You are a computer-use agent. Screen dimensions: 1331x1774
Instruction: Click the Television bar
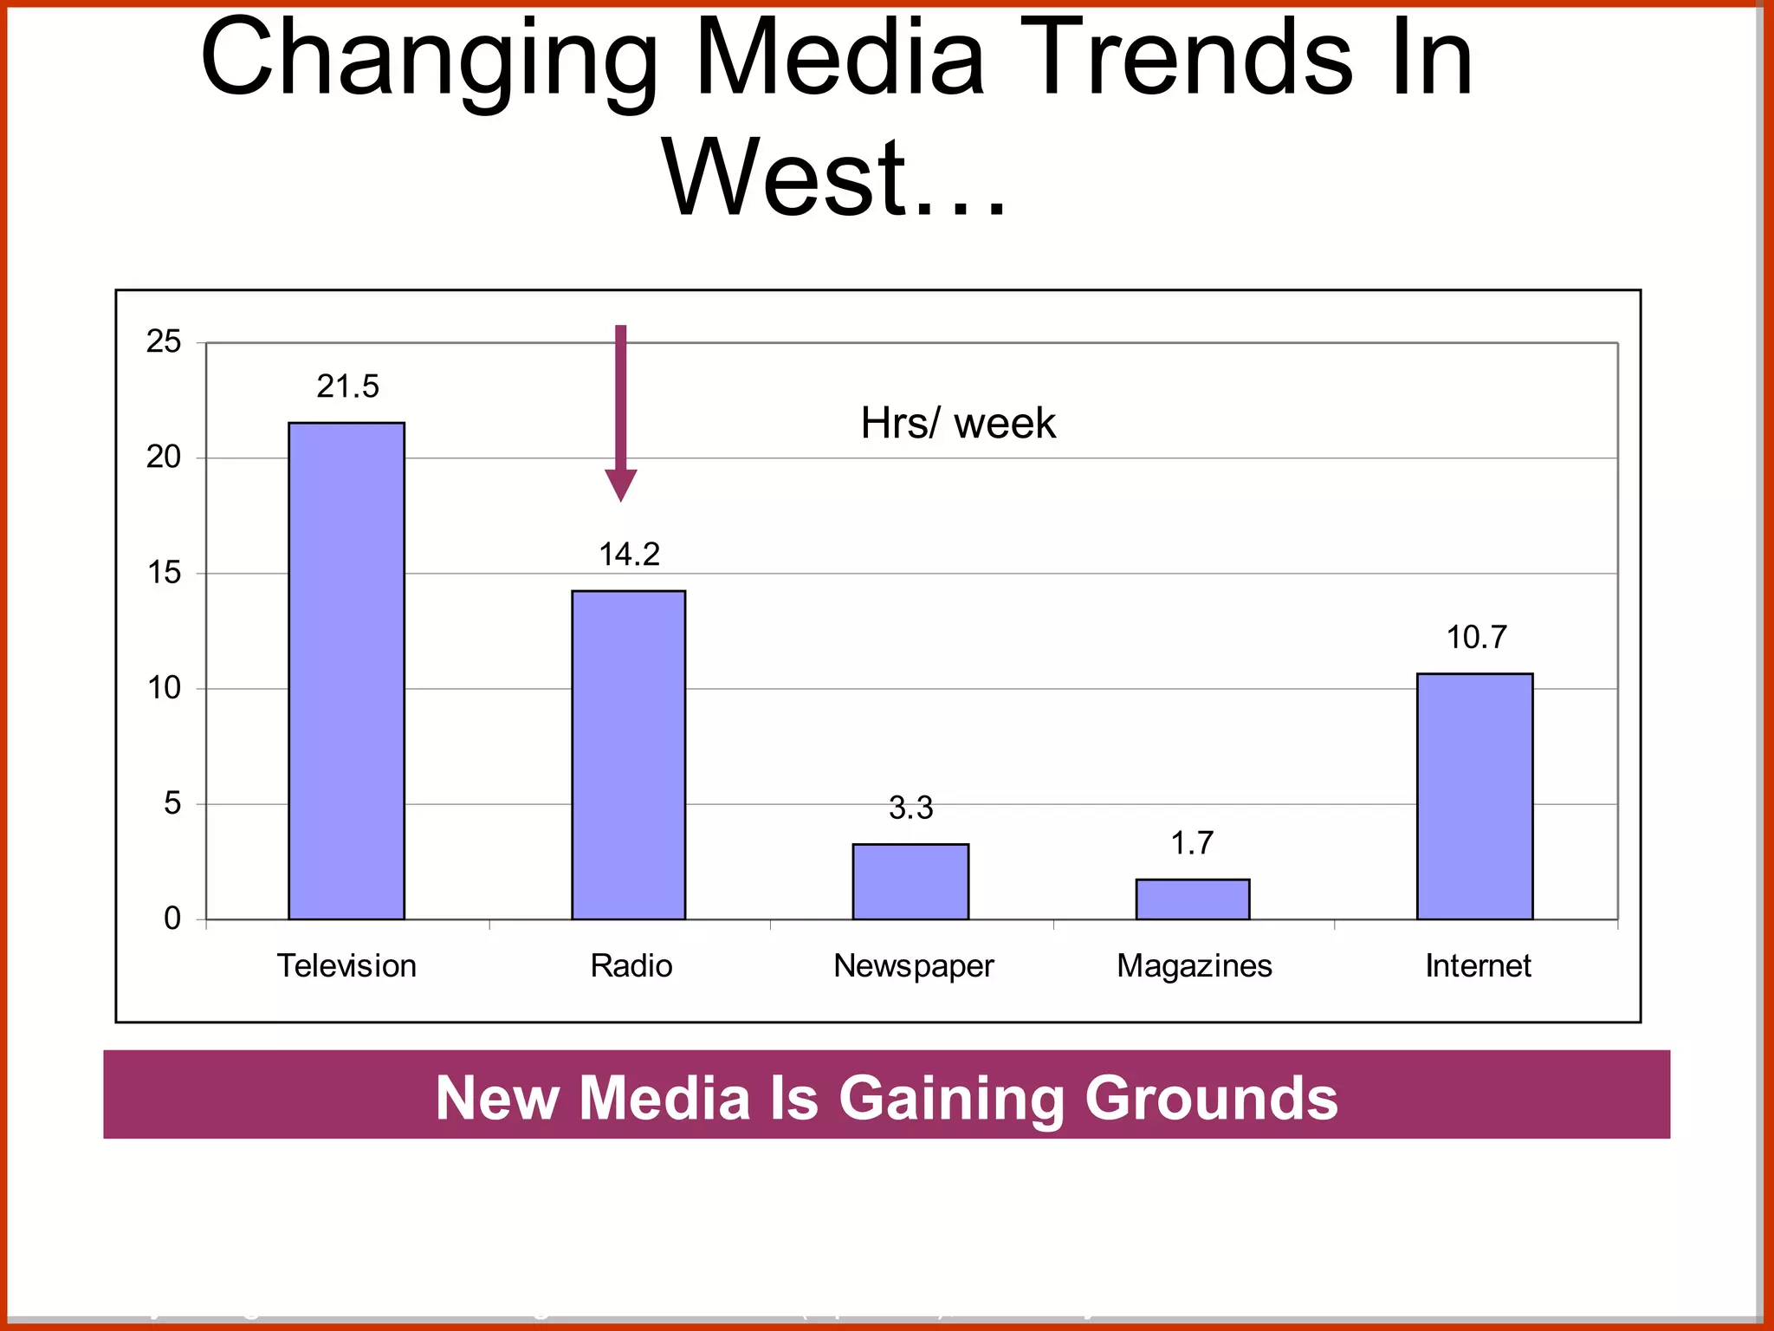pos(346,671)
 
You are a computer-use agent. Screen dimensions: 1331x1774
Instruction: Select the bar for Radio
pos(628,755)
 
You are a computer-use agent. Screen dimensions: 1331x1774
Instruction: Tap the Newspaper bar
pos(910,881)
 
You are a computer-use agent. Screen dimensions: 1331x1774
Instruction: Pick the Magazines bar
pos(1193,899)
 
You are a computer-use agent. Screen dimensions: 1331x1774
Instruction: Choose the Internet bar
pos(1474,796)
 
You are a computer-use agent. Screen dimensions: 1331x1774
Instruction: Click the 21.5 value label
pos(348,386)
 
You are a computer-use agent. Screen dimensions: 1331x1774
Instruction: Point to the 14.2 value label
pos(630,555)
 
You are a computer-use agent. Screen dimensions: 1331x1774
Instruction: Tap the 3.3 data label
pos(911,808)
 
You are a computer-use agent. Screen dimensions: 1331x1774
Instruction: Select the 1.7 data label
pos(1193,843)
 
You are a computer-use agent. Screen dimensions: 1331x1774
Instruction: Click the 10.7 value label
pos(1477,638)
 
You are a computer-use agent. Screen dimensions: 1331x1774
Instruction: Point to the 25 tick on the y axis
pos(164,342)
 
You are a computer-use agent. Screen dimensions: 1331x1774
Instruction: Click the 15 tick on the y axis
pos(164,573)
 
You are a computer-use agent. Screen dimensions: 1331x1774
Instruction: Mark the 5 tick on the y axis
pos(172,803)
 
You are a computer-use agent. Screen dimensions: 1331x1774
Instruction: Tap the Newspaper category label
pos(914,966)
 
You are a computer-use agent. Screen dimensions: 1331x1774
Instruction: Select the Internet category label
pos(1479,966)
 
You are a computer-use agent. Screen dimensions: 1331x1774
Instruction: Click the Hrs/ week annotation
pos(958,424)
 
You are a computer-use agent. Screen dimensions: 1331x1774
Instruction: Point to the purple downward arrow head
pos(620,484)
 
